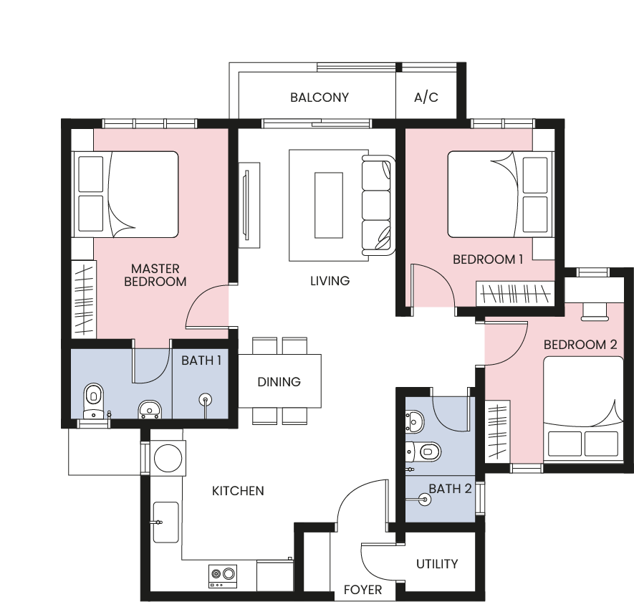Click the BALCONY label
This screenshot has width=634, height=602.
click(x=320, y=97)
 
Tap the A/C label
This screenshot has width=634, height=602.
click(x=426, y=97)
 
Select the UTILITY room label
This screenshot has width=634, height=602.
click(x=437, y=563)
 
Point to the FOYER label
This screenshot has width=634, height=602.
click(x=362, y=590)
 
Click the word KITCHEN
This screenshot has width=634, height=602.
click(x=238, y=491)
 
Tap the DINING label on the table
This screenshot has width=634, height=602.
click(x=279, y=381)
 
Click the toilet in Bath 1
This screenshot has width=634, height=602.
click(x=93, y=401)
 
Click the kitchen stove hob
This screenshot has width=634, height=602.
click(x=223, y=576)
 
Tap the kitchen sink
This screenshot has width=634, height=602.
click(x=165, y=522)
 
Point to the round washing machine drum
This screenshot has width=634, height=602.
click(x=168, y=458)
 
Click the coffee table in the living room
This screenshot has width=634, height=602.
click(x=329, y=205)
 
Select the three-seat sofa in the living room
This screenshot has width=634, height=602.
click(x=378, y=205)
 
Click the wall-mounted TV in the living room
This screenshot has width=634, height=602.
click(x=246, y=205)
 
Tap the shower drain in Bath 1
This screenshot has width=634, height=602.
click(x=206, y=400)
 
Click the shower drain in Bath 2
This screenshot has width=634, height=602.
click(x=425, y=500)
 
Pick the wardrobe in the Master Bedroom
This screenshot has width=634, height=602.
click(x=84, y=300)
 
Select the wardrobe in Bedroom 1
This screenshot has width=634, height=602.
click(x=514, y=293)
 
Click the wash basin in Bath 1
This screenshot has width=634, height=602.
click(x=150, y=409)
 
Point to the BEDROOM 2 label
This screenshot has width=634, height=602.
click(x=580, y=345)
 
